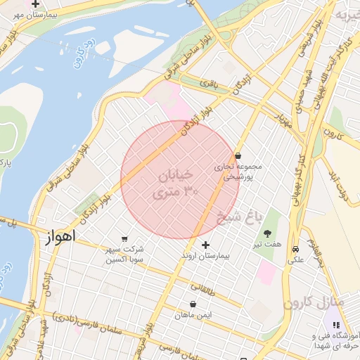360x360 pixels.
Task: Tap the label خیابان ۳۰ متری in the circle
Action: pos(177,181)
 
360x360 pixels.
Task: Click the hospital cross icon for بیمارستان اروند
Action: pos(205,245)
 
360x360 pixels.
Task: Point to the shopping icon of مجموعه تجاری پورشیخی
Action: pos(238,155)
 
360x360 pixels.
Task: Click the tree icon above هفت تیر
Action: pos(267,233)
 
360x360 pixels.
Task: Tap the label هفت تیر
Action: pos(268,244)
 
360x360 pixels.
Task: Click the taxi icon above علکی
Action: pos(296,249)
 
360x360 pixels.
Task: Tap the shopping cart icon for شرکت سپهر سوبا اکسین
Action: pos(125,238)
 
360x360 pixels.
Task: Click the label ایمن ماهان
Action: pos(193,316)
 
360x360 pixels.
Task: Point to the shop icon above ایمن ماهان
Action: pos(193,304)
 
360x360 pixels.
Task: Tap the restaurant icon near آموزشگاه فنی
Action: pos(336,325)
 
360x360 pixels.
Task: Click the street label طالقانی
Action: pos(203,286)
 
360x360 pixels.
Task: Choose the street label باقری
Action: pos(212,84)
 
